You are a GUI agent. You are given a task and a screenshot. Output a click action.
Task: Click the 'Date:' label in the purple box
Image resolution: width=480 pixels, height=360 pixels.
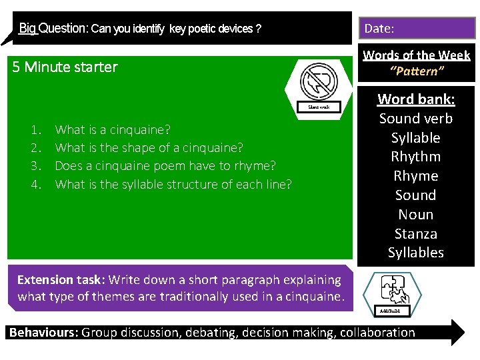[379, 29]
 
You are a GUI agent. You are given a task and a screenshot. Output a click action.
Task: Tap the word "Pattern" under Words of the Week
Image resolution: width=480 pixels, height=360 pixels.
[416, 69]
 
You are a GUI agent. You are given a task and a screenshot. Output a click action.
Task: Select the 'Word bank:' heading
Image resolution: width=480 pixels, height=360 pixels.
[416, 99]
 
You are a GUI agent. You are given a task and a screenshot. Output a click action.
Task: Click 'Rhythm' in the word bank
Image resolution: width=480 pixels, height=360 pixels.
[416, 157]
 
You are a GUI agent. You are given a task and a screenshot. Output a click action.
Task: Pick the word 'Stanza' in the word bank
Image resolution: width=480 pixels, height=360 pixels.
[416, 233]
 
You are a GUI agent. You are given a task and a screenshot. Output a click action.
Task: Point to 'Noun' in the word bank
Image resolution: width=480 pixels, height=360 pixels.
[416, 214]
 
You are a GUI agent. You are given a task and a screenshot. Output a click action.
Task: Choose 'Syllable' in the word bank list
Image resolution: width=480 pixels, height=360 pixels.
[416, 137]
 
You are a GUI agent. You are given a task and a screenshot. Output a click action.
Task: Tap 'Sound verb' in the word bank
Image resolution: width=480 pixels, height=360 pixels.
[416, 119]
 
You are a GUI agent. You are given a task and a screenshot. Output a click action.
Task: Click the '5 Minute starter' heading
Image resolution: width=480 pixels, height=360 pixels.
[65, 67]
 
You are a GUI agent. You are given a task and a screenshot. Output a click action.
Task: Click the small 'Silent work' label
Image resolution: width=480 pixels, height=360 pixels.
[318, 107]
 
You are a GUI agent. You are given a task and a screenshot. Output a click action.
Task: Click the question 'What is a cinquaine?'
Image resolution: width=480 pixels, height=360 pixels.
[113, 129]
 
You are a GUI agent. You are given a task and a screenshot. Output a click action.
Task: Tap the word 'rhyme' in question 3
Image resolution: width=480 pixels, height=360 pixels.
[257, 165]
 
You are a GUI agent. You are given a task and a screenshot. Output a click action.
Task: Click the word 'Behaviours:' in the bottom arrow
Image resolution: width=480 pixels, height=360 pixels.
[43, 333]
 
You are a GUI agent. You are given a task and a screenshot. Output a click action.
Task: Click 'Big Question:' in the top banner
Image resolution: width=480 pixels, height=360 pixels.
[53, 29]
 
